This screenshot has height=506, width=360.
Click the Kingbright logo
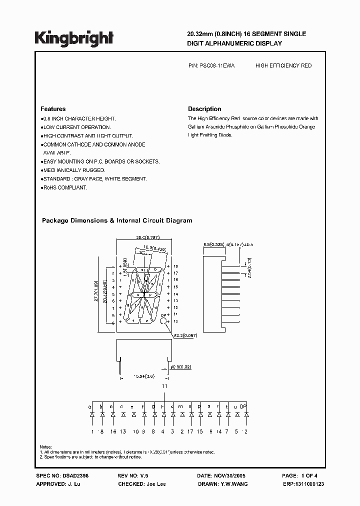pyautogui.click(x=74, y=38)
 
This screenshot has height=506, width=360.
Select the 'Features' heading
pyautogui.click(x=52, y=109)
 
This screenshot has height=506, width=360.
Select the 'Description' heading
pyautogui.click(x=204, y=109)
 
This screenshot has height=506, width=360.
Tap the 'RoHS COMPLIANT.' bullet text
pyautogui.click(x=65, y=187)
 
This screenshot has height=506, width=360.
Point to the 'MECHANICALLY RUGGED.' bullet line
pyautogui.click(x=74, y=170)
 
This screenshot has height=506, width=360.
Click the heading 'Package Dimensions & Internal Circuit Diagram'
pyautogui.click(x=117, y=220)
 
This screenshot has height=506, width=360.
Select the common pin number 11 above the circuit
pyautogui.click(x=163, y=386)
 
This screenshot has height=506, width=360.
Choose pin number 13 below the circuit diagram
pyautogui.click(x=123, y=431)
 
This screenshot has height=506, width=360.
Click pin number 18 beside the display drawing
pyautogui.click(x=175, y=266)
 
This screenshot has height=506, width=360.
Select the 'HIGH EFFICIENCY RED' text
pyautogui.click(x=283, y=65)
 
